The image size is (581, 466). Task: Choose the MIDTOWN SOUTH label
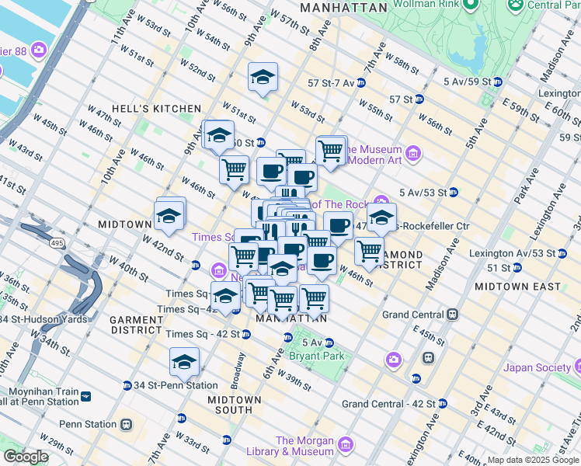click(x=235, y=405)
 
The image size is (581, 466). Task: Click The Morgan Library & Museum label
click(x=304, y=446)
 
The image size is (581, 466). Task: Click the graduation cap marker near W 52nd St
click(x=263, y=76)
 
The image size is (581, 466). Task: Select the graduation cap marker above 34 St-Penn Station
click(x=184, y=361)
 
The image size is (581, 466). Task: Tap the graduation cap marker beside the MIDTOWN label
click(x=170, y=216)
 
